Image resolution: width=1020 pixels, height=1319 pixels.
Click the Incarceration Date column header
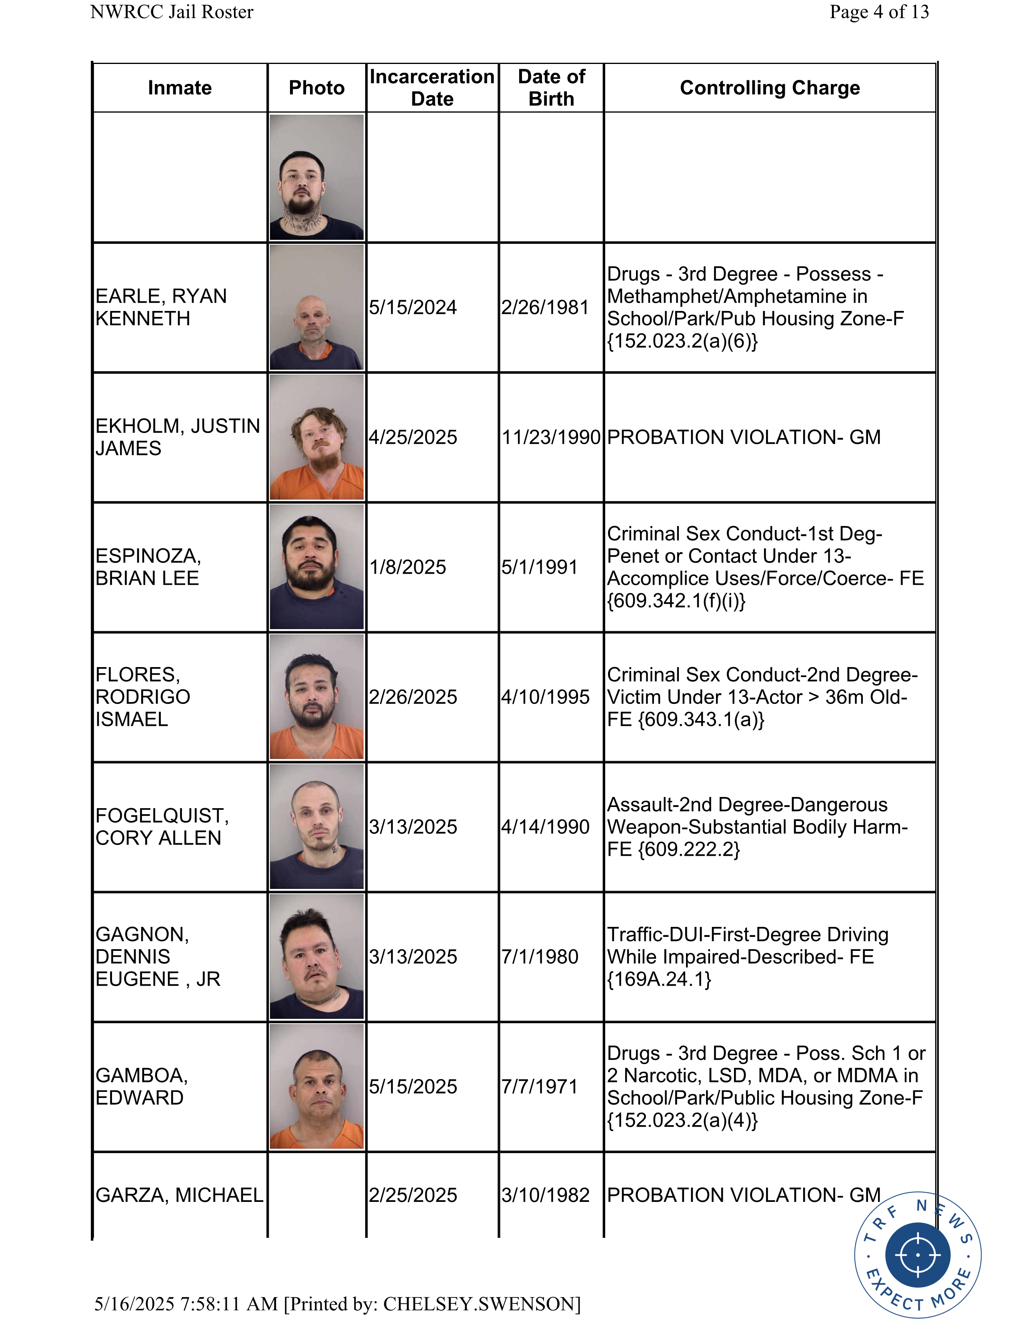[x=432, y=88]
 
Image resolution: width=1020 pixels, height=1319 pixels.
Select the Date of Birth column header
[x=551, y=88]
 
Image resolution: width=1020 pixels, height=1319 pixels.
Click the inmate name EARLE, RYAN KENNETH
[x=161, y=307]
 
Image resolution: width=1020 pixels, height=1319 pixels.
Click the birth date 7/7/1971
[x=540, y=1086]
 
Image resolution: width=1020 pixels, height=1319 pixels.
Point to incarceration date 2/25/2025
[x=413, y=1195]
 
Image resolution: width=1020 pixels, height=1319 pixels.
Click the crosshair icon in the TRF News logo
[x=917, y=1254]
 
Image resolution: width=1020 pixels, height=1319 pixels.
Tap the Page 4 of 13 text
[x=879, y=12]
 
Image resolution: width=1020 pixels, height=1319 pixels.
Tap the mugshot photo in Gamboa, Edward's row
[x=317, y=1086]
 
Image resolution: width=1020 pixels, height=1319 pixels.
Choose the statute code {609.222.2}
[x=689, y=849]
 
